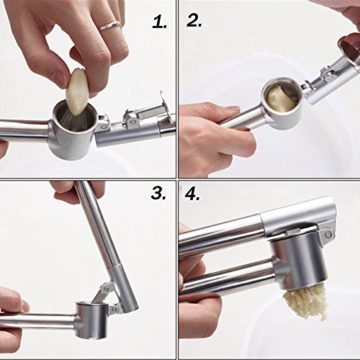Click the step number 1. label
[x=160, y=23]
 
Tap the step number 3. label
[x=158, y=193]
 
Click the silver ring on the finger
[x=109, y=25]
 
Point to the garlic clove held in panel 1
[x=76, y=90]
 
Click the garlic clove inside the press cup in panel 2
[x=282, y=99]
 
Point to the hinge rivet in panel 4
[x=328, y=234]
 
